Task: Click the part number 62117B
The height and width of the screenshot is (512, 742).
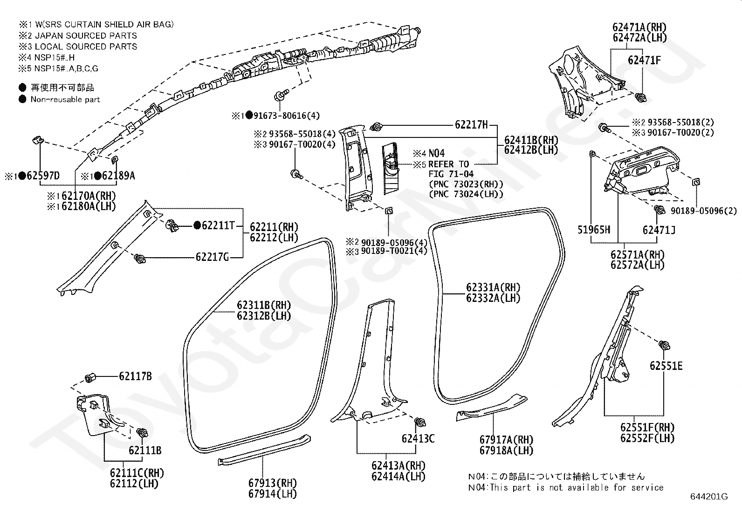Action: pos(135,376)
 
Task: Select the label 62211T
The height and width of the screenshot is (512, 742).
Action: pos(218,225)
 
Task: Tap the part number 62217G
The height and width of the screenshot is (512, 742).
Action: pos(213,257)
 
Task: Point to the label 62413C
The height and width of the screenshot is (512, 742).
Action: pos(418,438)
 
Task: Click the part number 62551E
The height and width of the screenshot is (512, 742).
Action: pos(666,366)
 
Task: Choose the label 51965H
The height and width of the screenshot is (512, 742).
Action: pos(594,230)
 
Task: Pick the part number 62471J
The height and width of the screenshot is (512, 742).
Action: pos(659,230)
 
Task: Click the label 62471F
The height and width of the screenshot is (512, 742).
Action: pos(644,60)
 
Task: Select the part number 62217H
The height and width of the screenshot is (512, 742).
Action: pos(471,124)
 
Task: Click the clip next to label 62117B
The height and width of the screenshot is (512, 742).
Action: pos(89,378)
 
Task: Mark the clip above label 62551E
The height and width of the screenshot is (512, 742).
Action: pos(664,345)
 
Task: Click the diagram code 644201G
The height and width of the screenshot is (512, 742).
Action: pos(709,497)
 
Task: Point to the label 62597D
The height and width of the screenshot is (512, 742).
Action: pos(43,176)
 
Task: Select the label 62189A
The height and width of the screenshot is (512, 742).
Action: pos(118,176)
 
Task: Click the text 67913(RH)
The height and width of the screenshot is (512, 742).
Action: pos(272,483)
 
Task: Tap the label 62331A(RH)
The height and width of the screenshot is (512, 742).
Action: pos(493,287)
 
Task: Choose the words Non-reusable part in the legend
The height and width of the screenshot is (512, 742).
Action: pos(65,99)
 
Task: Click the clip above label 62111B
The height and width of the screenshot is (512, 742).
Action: pos(143,432)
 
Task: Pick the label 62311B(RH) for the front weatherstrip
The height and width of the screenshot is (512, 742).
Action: pos(264,305)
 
